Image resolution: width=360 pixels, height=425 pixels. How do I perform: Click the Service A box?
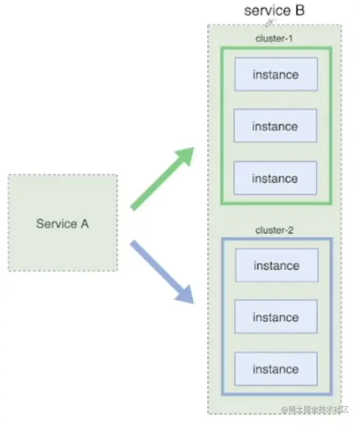click(x=63, y=223)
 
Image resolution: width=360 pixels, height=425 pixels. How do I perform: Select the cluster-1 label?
click(x=275, y=37)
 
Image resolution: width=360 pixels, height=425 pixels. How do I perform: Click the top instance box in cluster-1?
click(x=275, y=74)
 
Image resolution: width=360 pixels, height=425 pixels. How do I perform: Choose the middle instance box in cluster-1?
click(x=275, y=127)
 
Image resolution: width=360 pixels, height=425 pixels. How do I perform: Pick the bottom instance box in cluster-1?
click(x=275, y=179)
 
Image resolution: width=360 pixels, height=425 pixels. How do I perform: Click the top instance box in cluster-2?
click(x=276, y=266)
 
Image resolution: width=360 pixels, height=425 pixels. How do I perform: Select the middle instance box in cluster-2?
click(x=276, y=318)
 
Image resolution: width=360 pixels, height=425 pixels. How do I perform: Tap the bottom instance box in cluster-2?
click(x=276, y=370)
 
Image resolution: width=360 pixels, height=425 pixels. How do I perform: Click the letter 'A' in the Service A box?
click(x=84, y=223)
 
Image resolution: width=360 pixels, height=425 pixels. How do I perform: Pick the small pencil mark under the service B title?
click(x=269, y=23)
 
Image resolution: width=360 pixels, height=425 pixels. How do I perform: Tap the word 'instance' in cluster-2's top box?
click(x=276, y=266)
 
